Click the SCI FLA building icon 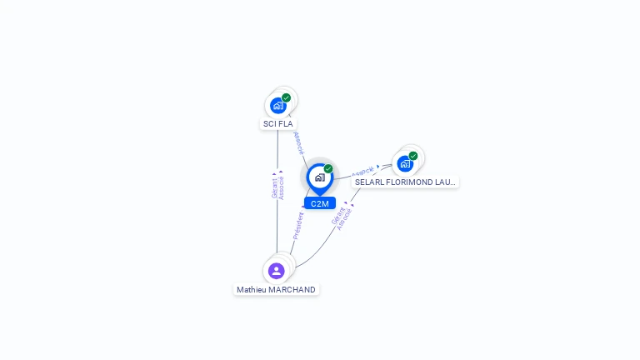point(278,106)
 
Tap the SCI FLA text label point(278,124)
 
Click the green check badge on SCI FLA point(287,97)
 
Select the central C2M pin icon point(319,177)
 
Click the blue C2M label point(319,203)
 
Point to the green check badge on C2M point(328,168)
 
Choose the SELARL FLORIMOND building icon point(405,163)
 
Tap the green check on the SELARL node point(413,156)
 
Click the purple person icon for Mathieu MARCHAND point(277,271)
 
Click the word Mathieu point(251,290)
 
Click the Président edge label point(297,226)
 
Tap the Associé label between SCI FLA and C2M point(298,142)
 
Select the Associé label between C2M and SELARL point(363,172)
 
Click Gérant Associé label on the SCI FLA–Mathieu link point(277,187)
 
